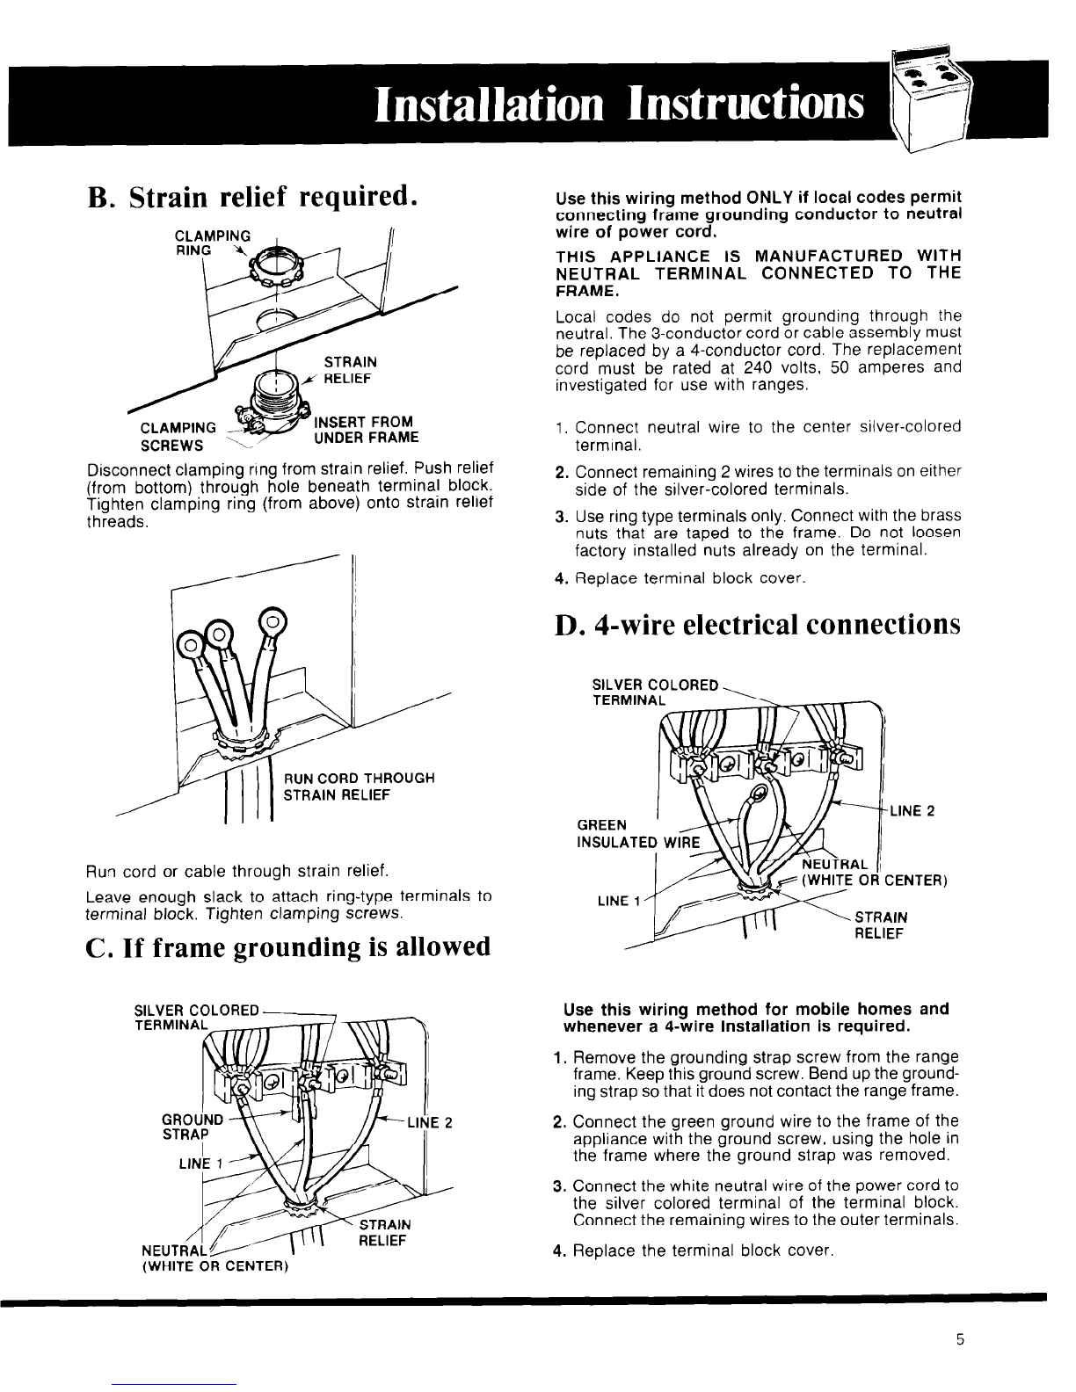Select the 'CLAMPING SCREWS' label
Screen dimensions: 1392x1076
180,436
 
